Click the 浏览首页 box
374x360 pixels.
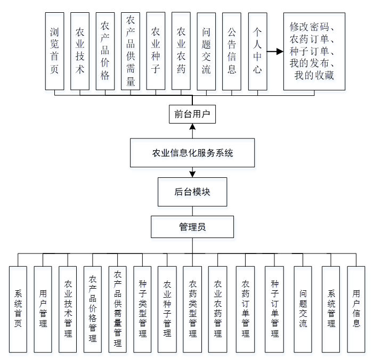[54, 51]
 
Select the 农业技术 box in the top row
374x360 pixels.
[80, 51]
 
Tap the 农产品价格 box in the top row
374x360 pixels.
[105, 51]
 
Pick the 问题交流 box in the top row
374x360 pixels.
[206, 51]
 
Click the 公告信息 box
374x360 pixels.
[232, 51]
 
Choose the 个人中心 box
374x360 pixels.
[257, 51]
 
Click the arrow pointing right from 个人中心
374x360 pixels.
[275, 52]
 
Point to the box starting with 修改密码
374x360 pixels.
[314, 51]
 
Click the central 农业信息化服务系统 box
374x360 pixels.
[192, 153]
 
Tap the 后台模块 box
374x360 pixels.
[192, 192]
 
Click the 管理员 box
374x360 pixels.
[192, 227]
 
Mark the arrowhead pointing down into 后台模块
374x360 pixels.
[192, 174]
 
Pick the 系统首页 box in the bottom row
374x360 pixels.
[18, 309]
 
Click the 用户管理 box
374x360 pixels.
[43, 309]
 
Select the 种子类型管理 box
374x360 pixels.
[142, 309]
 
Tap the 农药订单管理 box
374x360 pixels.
[245, 309]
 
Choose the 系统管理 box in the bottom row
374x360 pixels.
[331, 309]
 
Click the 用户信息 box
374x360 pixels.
[356, 309]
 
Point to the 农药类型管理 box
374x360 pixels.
[192, 309]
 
